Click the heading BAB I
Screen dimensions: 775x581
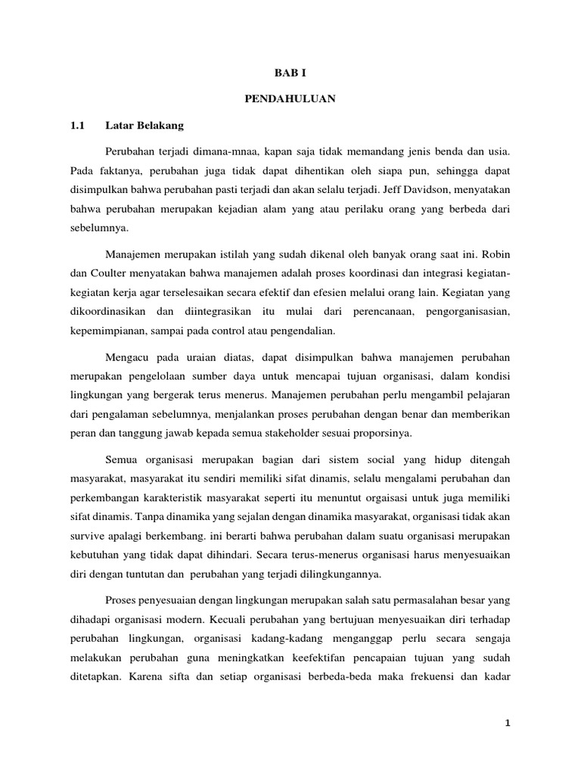click(x=290, y=73)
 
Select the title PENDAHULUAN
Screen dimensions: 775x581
click(x=290, y=98)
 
